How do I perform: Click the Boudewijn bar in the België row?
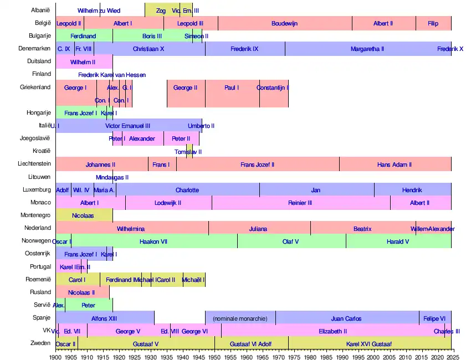tap(285, 23)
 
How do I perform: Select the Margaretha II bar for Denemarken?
tap(367, 49)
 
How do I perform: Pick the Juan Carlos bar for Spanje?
tap(346, 318)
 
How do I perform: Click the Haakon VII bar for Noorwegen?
tap(154, 241)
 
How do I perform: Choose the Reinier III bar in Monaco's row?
tap(300, 203)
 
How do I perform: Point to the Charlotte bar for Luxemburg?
tap(187, 190)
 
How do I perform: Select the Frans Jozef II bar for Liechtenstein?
tap(257, 164)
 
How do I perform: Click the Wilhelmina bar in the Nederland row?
tap(131, 229)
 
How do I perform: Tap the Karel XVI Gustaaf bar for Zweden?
tap(369, 344)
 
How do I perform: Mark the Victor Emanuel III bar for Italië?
tap(127, 126)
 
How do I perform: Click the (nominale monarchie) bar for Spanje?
tap(240, 318)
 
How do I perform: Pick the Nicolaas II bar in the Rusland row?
tap(81, 292)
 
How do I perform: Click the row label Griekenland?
tap(35, 87)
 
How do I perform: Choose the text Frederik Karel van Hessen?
tap(112, 75)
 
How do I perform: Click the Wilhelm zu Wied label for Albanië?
tap(99, 11)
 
